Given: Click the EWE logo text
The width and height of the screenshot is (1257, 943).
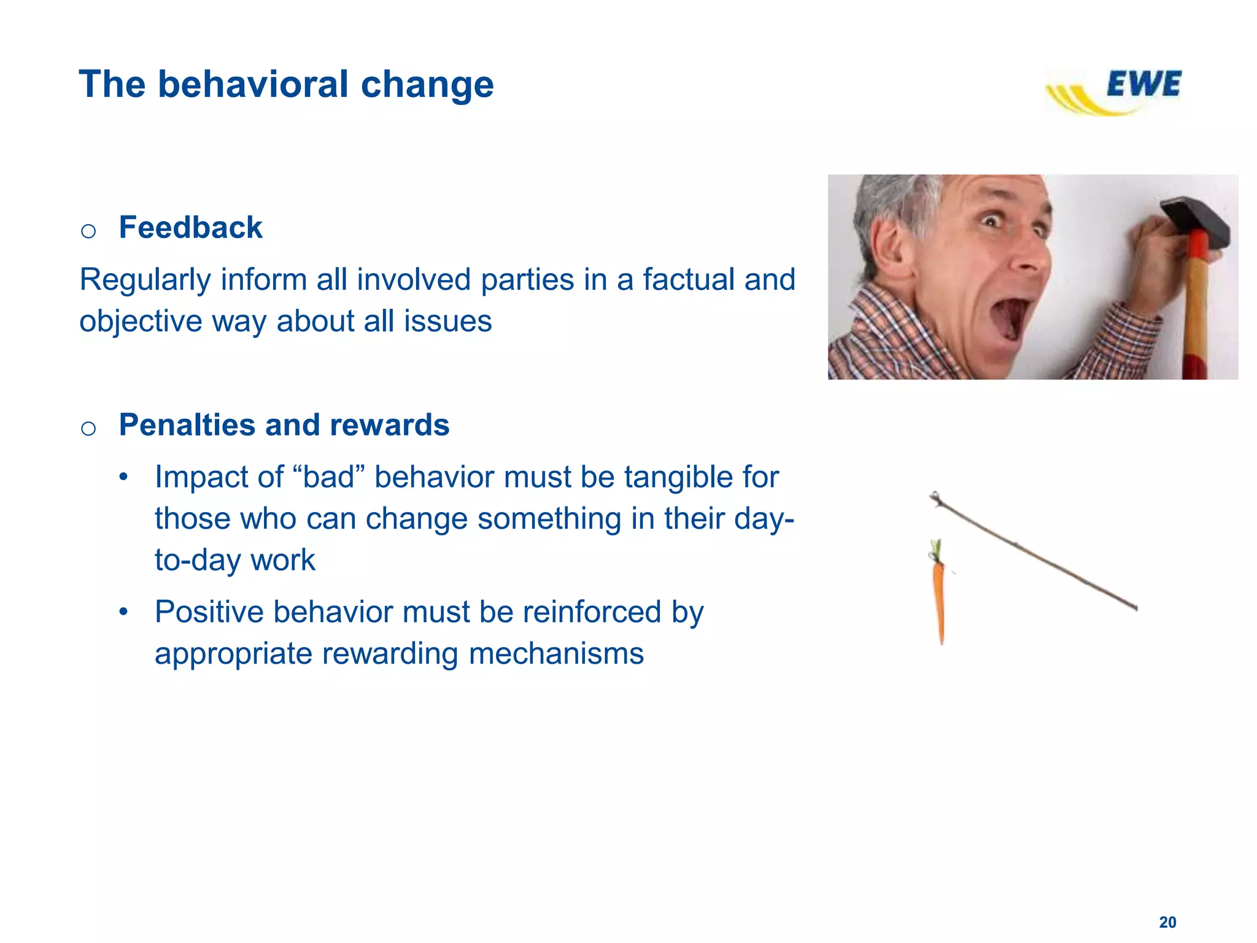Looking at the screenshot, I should pyautogui.click(x=1143, y=84).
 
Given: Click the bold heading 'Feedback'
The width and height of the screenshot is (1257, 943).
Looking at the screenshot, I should pyautogui.click(x=190, y=228).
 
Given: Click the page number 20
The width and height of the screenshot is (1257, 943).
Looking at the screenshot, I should pyautogui.click(x=1167, y=922).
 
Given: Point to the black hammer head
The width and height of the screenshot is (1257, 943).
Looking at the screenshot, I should pyautogui.click(x=1197, y=221).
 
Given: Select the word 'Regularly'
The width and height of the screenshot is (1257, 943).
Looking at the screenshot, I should pyautogui.click(x=145, y=280).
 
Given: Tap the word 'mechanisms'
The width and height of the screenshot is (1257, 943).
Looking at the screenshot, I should pyautogui.click(x=556, y=653).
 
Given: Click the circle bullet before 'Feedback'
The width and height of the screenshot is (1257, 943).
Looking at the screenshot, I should pyautogui.click(x=88, y=231).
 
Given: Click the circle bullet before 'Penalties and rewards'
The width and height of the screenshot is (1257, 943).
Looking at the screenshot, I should pyautogui.click(x=88, y=429).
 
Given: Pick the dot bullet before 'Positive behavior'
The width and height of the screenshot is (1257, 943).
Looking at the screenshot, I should pyautogui.click(x=124, y=612).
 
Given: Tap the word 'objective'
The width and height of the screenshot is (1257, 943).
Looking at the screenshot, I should pyautogui.click(x=141, y=322).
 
